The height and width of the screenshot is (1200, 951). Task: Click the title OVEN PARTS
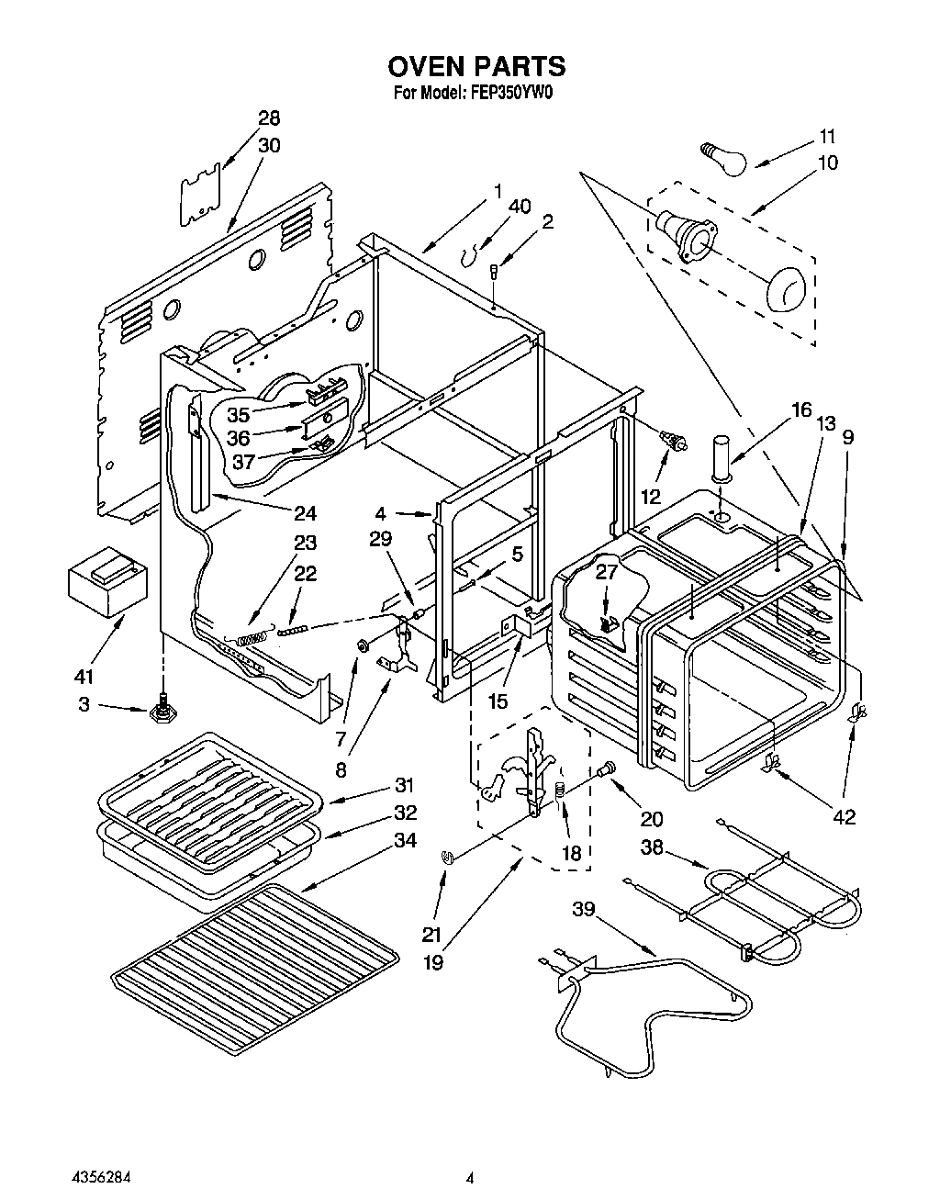(x=475, y=66)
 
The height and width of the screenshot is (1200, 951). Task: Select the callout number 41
(x=84, y=677)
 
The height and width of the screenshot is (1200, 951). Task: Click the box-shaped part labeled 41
(x=103, y=580)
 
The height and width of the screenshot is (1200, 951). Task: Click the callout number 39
(x=585, y=910)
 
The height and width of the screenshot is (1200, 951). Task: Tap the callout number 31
(x=404, y=786)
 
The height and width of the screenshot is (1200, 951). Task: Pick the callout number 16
(x=801, y=409)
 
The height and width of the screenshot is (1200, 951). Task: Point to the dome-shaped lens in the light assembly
(x=787, y=287)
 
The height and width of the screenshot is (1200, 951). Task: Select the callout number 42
(x=844, y=817)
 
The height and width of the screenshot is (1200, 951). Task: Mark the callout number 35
(x=239, y=414)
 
